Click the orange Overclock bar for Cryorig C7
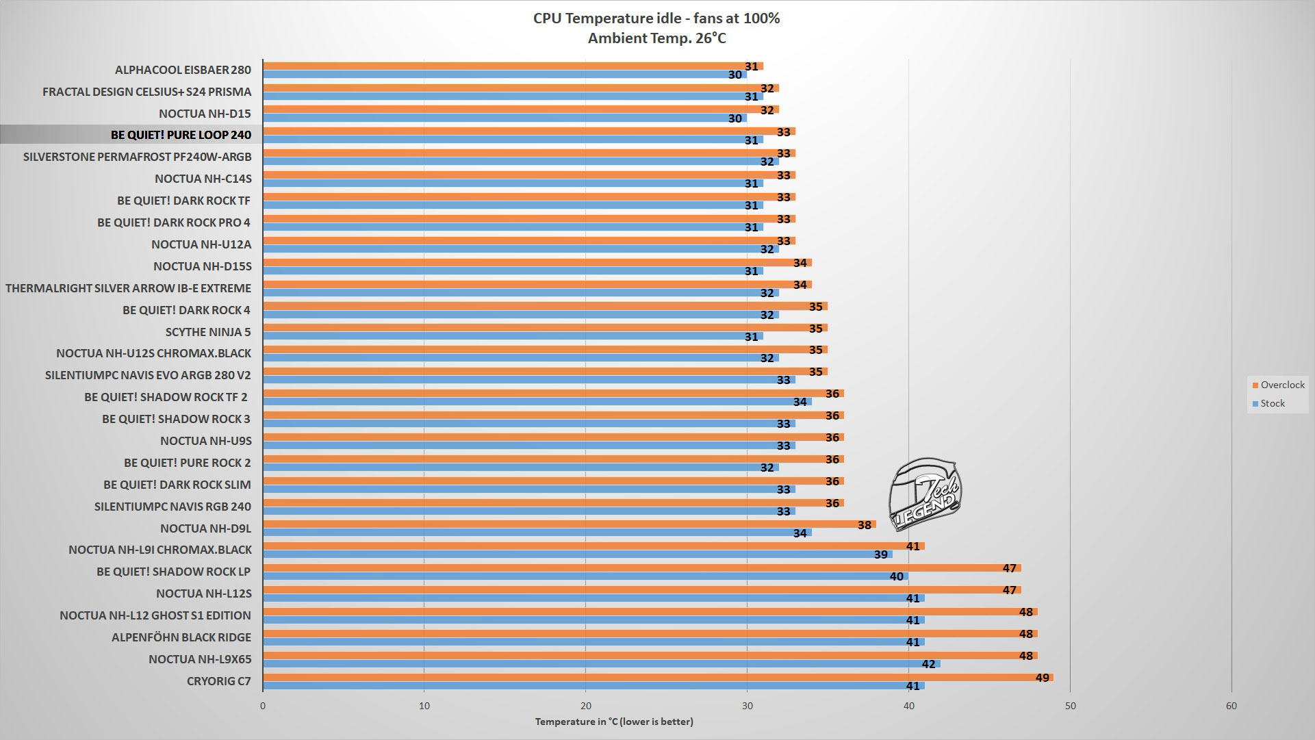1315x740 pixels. click(x=657, y=678)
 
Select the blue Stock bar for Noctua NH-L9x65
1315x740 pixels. click(x=601, y=664)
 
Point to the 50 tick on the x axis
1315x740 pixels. click(x=1070, y=706)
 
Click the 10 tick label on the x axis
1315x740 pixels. click(x=424, y=706)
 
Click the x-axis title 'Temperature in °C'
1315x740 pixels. click(x=614, y=722)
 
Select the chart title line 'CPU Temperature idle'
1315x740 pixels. click(x=656, y=18)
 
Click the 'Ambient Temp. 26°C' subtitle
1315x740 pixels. click(x=656, y=38)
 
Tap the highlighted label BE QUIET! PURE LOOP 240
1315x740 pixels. click(x=181, y=135)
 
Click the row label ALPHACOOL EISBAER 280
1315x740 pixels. click(x=183, y=70)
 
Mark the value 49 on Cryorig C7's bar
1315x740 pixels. click(x=1042, y=678)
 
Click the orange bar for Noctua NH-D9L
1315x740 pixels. click(x=568, y=524)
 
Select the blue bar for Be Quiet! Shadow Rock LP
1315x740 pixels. click(x=585, y=576)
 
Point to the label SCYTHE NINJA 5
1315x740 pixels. click(x=208, y=332)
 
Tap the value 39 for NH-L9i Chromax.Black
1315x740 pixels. click(x=880, y=554)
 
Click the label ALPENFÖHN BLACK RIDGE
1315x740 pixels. click(x=181, y=637)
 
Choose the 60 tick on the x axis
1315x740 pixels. click(x=1231, y=706)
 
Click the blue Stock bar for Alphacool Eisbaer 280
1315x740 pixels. click(x=505, y=75)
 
